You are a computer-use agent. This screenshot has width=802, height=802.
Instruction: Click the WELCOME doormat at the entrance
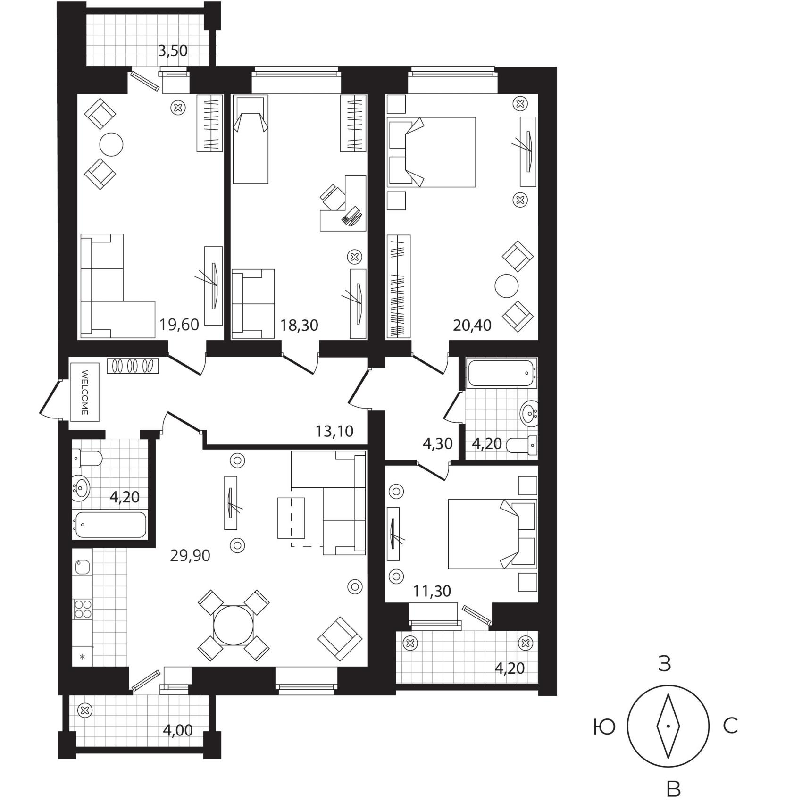click(x=85, y=392)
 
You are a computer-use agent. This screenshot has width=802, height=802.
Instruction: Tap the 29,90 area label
click(x=190, y=556)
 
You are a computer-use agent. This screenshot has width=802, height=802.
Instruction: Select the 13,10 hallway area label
click(x=334, y=431)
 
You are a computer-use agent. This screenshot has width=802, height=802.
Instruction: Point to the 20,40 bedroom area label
click(x=472, y=325)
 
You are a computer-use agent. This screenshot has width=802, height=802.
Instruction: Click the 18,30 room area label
click(x=299, y=325)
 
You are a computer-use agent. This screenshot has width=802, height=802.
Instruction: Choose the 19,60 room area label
click(x=179, y=325)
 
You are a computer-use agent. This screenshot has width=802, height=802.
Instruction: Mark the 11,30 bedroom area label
click(x=432, y=591)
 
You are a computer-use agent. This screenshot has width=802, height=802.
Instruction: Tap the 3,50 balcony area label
click(x=173, y=50)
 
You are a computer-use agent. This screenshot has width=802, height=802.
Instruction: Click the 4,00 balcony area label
click(x=178, y=730)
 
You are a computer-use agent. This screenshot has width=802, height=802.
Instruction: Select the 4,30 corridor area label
click(x=438, y=443)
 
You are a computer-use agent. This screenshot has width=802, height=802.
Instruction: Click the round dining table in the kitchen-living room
click(x=234, y=626)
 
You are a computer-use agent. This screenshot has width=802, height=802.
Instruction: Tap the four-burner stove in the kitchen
click(x=83, y=609)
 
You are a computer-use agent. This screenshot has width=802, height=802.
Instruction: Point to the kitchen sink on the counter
click(x=82, y=567)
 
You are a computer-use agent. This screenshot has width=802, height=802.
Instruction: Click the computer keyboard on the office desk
click(x=352, y=217)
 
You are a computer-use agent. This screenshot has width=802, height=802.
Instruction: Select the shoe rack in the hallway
click(x=133, y=366)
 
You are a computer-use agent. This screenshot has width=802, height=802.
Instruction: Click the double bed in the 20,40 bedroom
click(x=431, y=152)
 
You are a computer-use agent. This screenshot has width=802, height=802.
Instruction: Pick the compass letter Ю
click(x=604, y=727)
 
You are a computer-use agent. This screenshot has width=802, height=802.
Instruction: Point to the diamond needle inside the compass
click(x=668, y=726)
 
